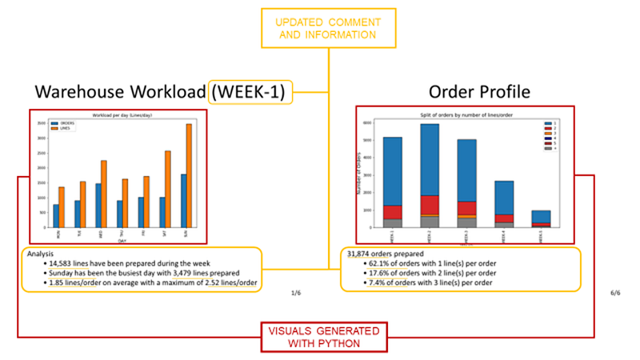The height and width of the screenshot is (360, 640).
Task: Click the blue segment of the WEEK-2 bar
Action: click(429, 159)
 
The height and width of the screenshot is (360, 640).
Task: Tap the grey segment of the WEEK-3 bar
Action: click(466, 222)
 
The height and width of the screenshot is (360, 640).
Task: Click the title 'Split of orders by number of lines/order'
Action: click(465, 117)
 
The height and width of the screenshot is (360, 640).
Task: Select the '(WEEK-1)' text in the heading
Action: click(250, 93)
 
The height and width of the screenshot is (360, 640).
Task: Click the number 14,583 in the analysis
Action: click(62, 263)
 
